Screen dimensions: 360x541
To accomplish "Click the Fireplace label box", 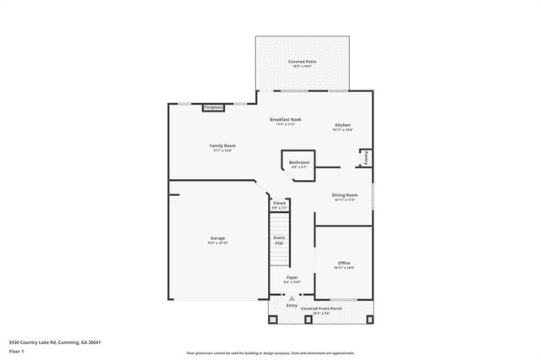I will [213, 108].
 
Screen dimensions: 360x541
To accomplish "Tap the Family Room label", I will [222, 146].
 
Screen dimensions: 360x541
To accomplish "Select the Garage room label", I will [217, 239].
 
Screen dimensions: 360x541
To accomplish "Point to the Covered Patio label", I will [301, 62].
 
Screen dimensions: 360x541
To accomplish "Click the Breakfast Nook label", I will [286, 120].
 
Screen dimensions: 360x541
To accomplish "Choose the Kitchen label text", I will [342, 126].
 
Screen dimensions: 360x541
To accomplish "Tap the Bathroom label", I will [299, 162].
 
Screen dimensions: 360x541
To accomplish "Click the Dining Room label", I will [345, 196].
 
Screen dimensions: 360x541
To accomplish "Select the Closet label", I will [279, 204].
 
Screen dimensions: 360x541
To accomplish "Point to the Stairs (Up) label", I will [278, 240].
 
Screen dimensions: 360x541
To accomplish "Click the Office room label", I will [344, 264].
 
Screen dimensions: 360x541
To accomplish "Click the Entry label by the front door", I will [292, 306].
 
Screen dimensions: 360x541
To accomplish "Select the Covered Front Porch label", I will [321, 309].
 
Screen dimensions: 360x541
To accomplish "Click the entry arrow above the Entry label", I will [292, 298].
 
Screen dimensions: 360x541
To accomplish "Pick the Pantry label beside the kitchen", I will [365, 158].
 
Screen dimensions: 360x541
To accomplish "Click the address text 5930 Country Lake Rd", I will [55, 342].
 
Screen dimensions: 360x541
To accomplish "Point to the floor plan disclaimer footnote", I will [270, 352].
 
